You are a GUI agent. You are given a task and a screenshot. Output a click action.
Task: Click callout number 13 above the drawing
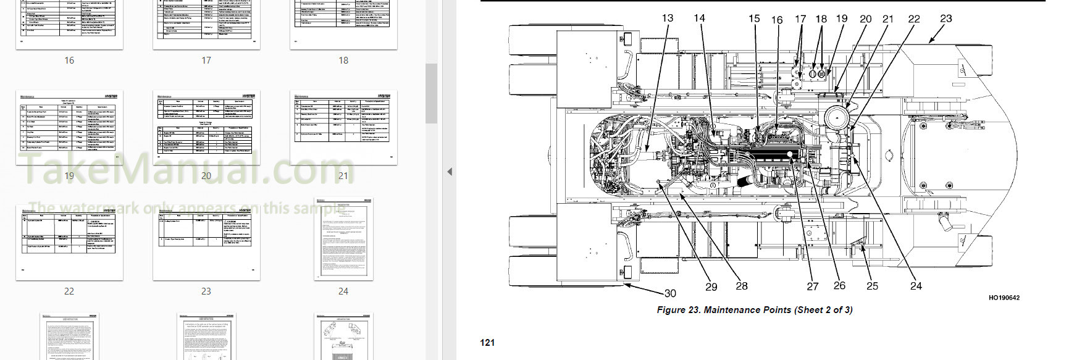pyautogui.click(x=668, y=18)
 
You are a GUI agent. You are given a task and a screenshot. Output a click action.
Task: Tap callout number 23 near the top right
pyautogui.click(x=946, y=19)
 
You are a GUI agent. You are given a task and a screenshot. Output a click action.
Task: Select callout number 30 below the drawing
pyautogui.click(x=670, y=293)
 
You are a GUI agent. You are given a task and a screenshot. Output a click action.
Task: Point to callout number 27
pyautogui.click(x=813, y=287)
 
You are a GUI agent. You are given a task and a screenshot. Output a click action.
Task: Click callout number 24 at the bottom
pyautogui.click(x=916, y=286)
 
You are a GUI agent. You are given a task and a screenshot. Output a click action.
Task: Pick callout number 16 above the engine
pyautogui.click(x=777, y=20)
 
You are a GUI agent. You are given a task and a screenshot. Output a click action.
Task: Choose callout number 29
pyautogui.click(x=711, y=287)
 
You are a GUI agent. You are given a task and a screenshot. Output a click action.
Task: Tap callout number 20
pyautogui.click(x=866, y=19)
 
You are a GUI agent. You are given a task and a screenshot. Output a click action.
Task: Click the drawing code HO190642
pyautogui.click(x=1004, y=298)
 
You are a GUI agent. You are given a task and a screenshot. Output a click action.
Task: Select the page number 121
pyautogui.click(x=487, y=343)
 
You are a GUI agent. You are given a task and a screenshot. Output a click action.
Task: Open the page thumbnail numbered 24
pyautogui.click(x=343, y=240)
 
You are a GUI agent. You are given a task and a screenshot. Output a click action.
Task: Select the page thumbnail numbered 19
pyautogui.click(x=69, y=127)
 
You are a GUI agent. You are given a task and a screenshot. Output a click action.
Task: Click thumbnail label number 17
pyautogui.click(x=206, y=61)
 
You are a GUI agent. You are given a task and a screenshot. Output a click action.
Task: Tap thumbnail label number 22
pyautogui.click(x=69, y=291)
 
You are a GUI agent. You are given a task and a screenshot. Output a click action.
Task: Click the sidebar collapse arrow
pyautogui.click(x=450, y=172)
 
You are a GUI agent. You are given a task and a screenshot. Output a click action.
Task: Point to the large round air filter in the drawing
pyautogui.click(x=837, y=117)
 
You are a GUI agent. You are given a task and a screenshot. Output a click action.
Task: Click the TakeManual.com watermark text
pyautogui.click(x=185, y=167)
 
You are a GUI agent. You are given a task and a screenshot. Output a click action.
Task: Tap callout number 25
pyautogui.click(x=872, y=286)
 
